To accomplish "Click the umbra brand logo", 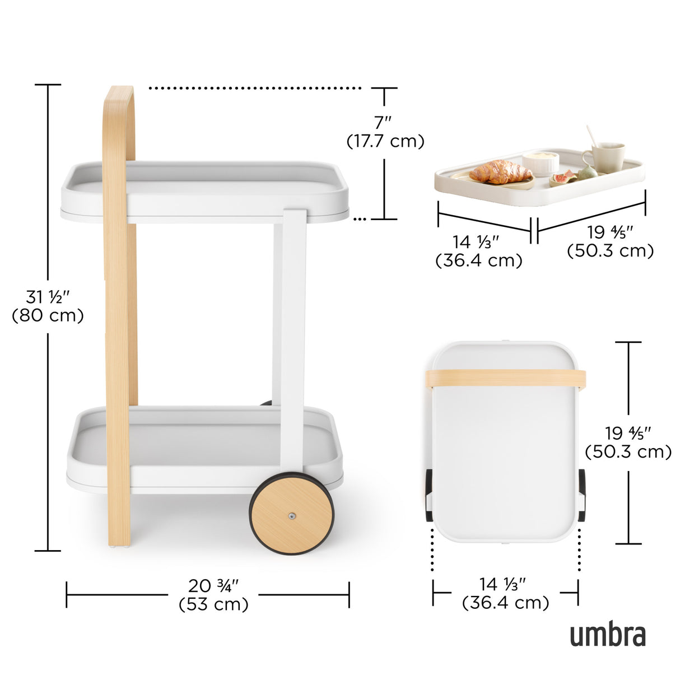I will point(608,635).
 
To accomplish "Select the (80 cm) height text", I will point(48,315).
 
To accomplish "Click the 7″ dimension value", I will point(384,122).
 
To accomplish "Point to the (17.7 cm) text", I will point(385,141).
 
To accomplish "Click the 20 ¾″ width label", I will point(213,585).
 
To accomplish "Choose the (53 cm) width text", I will point(213,604).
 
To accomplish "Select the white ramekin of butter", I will point(541,163).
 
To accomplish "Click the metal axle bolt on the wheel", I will point(292,516).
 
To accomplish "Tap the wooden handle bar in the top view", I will point(505,379).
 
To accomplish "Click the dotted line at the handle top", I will point(255,88).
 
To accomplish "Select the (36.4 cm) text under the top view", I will point(505,603).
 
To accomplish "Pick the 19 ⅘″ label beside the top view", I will point(628,433).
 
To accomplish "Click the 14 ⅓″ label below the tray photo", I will point(476,242).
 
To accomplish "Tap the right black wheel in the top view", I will point(581,495).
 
